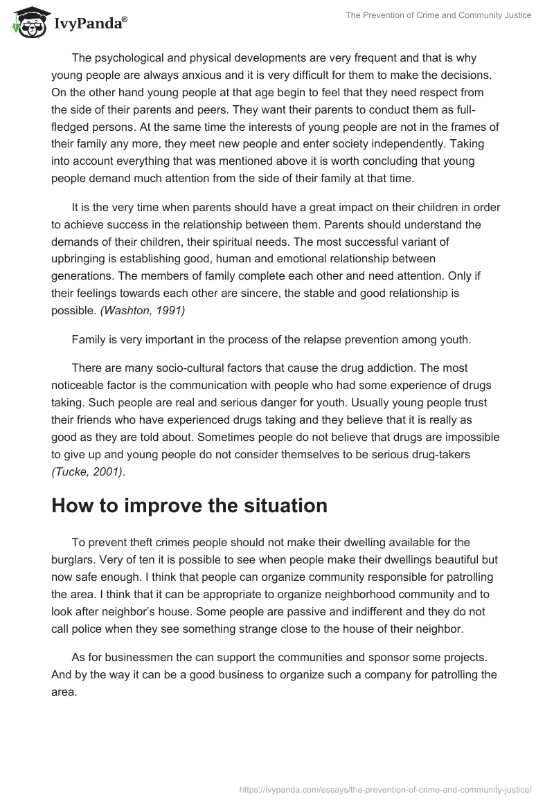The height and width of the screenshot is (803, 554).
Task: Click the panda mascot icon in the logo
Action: tap(28, 24)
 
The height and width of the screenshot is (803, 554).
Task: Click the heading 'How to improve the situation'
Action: tap(189, 505)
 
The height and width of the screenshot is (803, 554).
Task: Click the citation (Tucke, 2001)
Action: tap(87, 471)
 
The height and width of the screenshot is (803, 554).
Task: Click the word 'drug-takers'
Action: tap(456, 454)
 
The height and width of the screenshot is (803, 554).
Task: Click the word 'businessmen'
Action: tap(129, 657)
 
